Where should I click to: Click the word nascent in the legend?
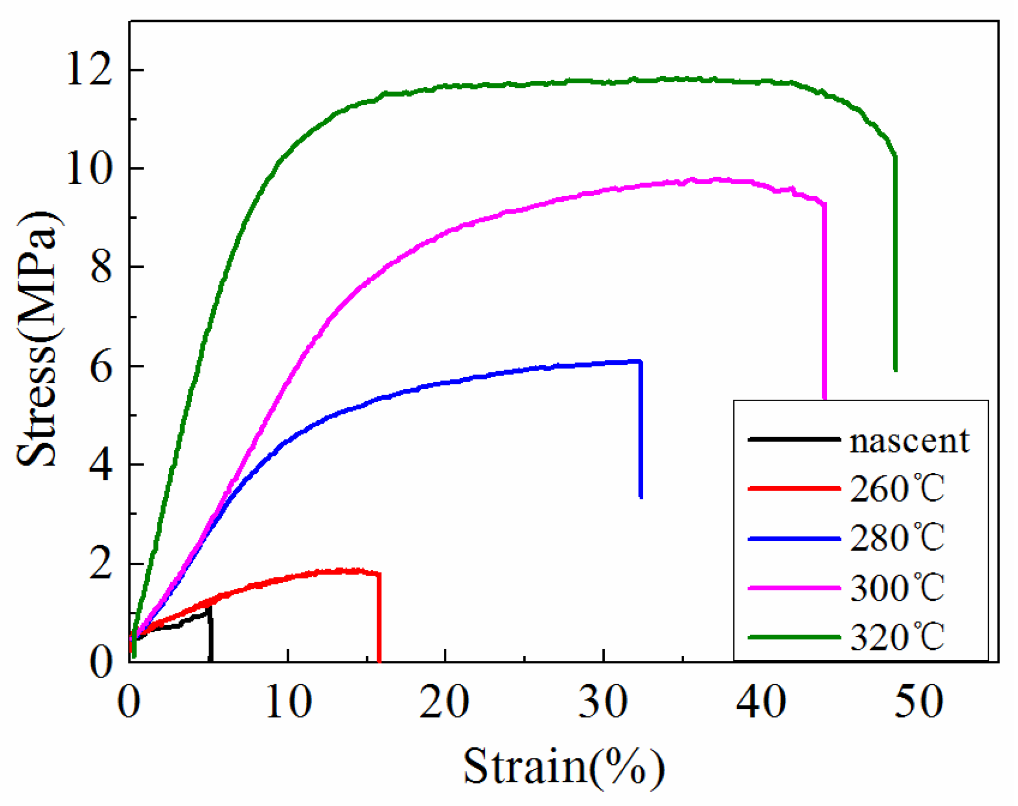click(909, 441)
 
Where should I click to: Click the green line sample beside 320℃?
click(794, 637)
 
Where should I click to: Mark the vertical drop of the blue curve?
click(641, 429)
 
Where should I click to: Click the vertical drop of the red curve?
click(379, 618)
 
